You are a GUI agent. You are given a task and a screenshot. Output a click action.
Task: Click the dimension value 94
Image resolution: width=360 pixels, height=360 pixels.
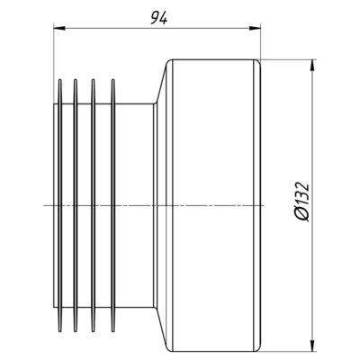click(x=158, y=19)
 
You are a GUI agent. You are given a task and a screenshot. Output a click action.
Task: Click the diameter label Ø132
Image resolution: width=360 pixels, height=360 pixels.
click(x=302, y=202)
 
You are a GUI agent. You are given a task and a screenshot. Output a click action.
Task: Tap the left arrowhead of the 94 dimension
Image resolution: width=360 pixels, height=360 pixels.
click(x=59, y=28)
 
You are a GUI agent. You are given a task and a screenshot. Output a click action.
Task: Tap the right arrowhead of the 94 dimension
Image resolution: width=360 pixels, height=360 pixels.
click(x=255, y=28)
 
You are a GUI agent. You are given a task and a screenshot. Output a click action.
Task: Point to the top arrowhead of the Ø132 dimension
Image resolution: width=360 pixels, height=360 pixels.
click(x=312, y=66)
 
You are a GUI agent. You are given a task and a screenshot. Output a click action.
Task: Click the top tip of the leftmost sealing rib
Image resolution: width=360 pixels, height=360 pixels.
click(x=59, y=80)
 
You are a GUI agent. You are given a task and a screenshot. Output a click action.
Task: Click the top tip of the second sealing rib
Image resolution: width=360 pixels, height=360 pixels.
click(x=76, y=80)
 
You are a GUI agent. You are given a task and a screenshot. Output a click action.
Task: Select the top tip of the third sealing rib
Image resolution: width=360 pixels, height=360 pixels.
click(x=93, y=80)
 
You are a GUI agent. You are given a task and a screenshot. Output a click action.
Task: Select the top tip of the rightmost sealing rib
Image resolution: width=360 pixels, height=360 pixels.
click(x=113, y=80)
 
